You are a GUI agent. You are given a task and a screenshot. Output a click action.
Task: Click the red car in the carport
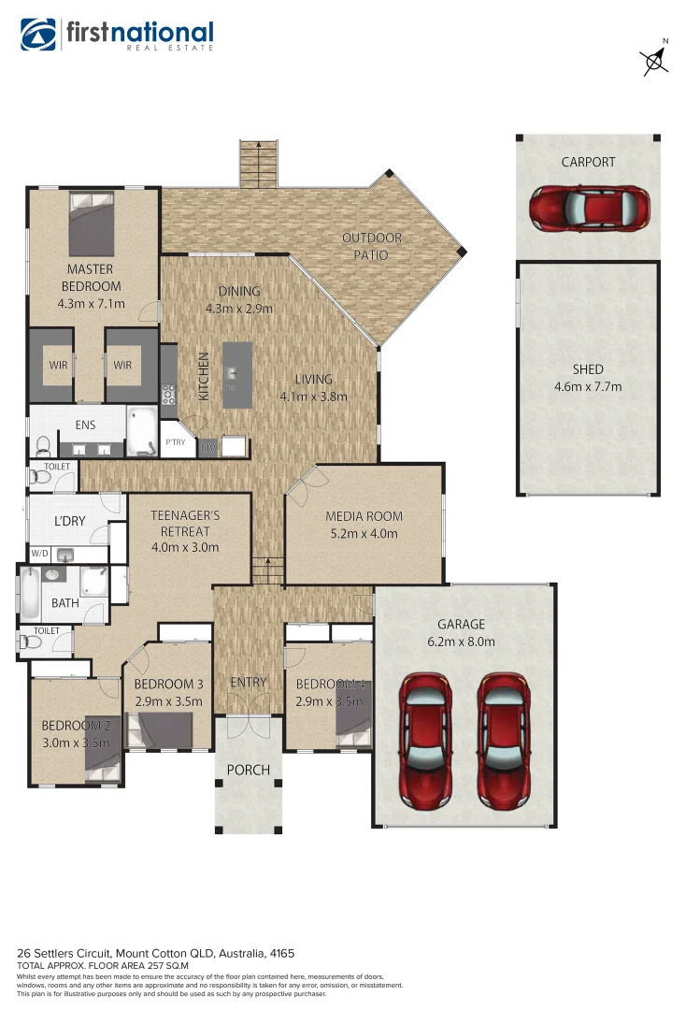[589, 209]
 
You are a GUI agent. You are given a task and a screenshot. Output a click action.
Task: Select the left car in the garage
[426, 741]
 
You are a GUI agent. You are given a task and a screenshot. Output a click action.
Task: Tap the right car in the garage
[505, 741]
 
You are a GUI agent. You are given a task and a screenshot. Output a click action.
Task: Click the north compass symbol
[656, 60]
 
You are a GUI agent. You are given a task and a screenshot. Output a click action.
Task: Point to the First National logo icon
[38, 35]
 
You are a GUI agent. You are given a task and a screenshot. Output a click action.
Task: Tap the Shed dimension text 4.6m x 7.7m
[588, 386]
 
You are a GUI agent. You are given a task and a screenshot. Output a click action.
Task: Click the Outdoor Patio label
[370, 247]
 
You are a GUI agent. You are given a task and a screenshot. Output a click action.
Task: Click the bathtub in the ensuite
[142, 430]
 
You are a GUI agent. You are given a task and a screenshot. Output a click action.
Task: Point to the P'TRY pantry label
[175, 442]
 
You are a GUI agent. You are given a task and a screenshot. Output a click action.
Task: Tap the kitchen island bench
[237, 374]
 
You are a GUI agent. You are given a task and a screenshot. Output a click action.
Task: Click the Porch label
[248, 771]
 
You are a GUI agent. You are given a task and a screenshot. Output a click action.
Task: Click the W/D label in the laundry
[39, 553]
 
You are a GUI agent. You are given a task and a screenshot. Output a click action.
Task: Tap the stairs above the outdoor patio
[259, 164]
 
